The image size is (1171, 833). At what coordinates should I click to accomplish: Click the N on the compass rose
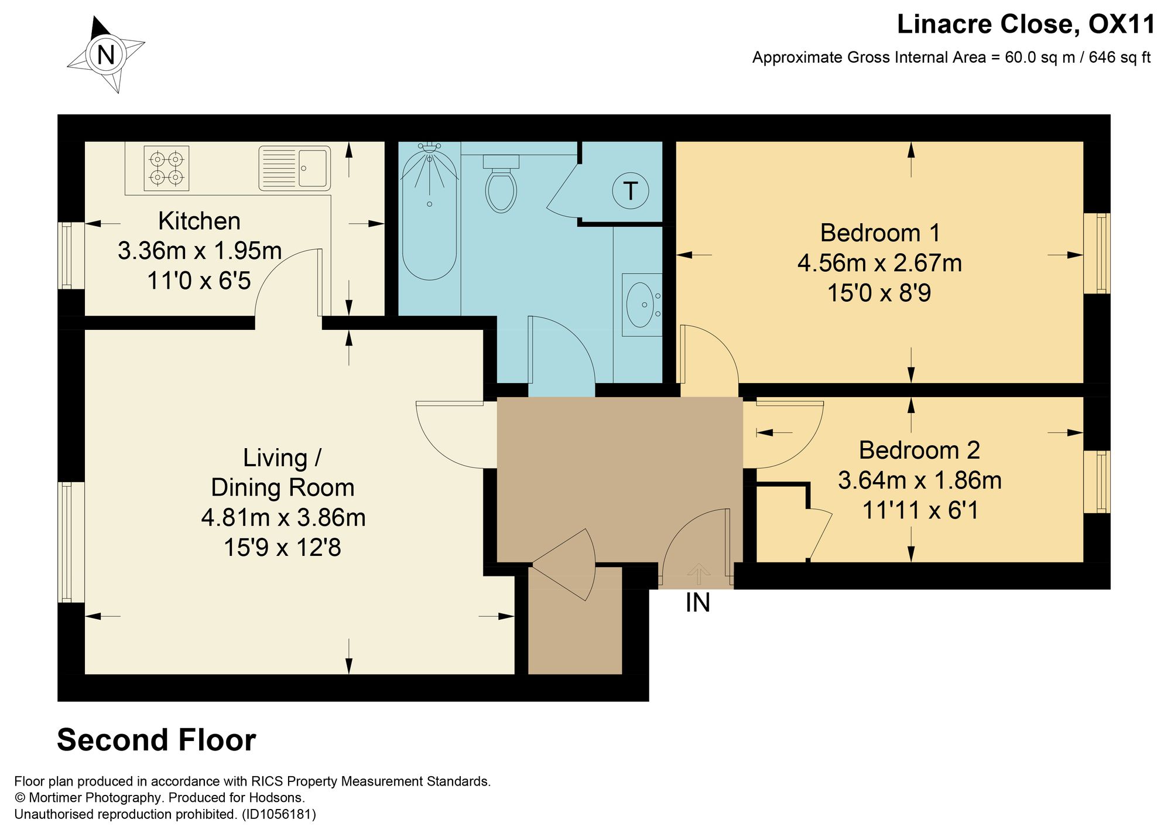pos(106,55)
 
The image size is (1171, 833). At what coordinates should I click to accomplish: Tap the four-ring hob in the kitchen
pos(166,168)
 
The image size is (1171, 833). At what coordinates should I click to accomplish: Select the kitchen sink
pos(295,168)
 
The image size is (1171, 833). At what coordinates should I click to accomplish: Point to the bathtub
pos(429,211)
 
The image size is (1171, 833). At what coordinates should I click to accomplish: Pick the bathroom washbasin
pos(642,305)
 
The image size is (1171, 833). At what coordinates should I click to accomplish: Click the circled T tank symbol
pos(630,190)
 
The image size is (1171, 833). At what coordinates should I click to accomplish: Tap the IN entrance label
pos(698,603)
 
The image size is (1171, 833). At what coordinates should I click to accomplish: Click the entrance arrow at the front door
pos(698,574)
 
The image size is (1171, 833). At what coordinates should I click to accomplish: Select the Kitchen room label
pos(199,221)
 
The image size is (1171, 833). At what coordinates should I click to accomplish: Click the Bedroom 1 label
pos(880,233)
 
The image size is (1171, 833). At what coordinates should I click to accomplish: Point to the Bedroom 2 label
pos(919,450)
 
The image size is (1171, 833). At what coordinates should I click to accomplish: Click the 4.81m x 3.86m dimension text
pos(283,518)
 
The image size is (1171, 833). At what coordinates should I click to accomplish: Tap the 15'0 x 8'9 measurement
pos(879,293)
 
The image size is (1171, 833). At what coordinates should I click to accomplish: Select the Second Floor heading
pos(156,740)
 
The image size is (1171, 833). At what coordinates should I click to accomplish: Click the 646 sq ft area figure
pos(1119,57)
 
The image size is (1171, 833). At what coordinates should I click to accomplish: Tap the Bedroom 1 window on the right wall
pos(1097,253)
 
